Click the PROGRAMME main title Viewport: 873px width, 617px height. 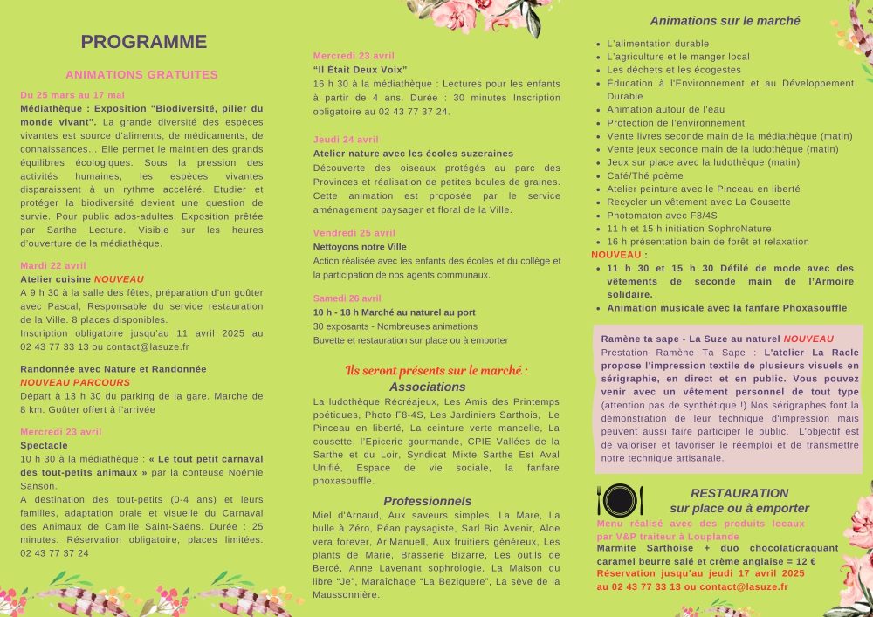(144, 42)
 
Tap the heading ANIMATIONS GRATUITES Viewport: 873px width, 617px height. (141, 75)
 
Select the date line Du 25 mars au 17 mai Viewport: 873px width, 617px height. (72, 95)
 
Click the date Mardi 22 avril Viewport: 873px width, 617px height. (53, 265)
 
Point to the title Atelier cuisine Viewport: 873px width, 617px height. (55, 279)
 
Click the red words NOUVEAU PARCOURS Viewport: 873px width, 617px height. (75, 382)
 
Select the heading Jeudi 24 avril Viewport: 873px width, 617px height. (346, 140)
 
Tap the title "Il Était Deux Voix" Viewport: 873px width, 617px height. (361, 69)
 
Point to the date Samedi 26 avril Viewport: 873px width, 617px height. (347, 298)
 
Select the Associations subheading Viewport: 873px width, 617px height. (428, 387)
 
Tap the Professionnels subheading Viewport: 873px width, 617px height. (428, 501)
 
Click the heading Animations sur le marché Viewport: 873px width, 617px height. (712, 21)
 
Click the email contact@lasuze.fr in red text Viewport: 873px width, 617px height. (744, 586)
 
